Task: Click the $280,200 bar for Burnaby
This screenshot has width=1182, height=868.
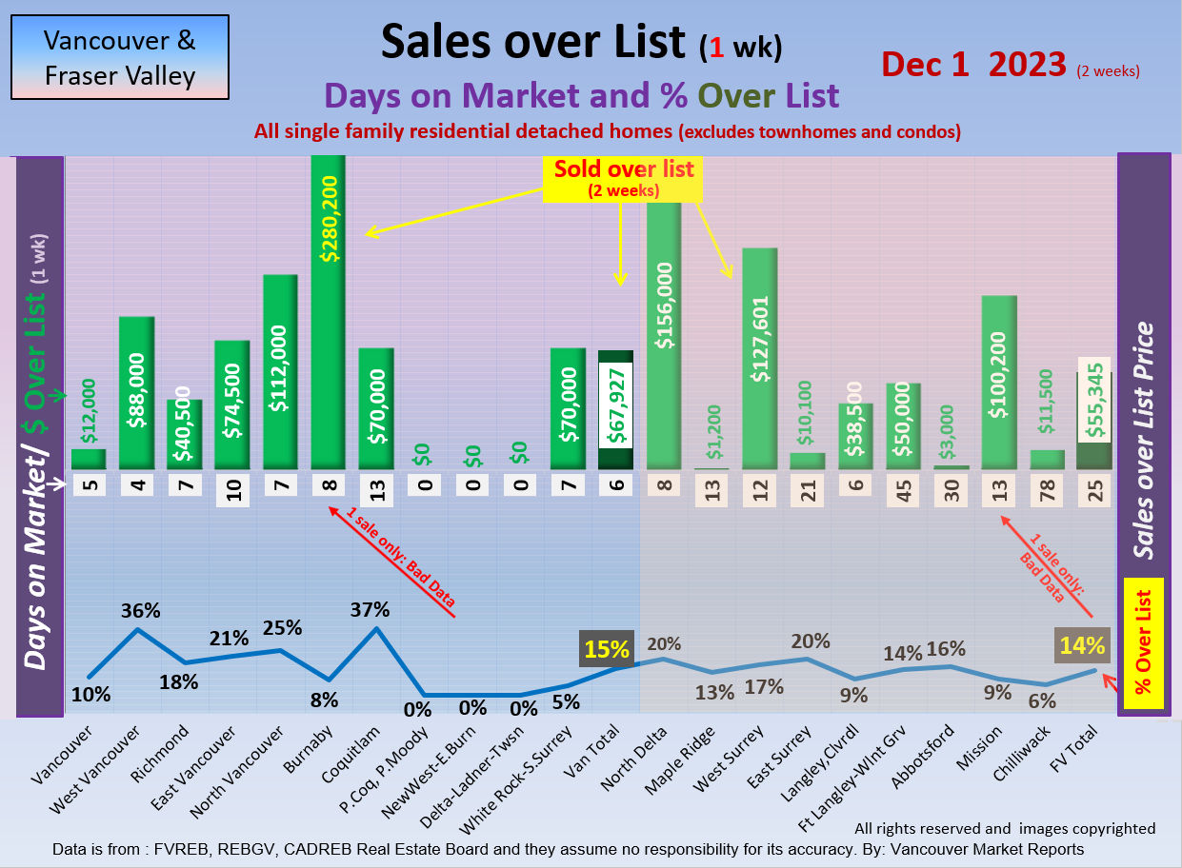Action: (x=328, y=314)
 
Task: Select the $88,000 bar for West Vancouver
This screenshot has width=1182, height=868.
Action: (x=136, y=392)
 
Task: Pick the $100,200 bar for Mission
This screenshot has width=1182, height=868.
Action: (x=998, y=382)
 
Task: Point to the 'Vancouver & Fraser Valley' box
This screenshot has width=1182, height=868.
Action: (x=120, y=57)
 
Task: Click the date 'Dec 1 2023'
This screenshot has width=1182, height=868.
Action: (x=973, y=64)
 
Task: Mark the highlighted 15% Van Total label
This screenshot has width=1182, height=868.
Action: (x=607, y=650)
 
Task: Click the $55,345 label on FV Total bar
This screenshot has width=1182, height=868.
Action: (x=1094, y=401)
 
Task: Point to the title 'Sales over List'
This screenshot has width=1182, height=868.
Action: (x=532, y=41)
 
